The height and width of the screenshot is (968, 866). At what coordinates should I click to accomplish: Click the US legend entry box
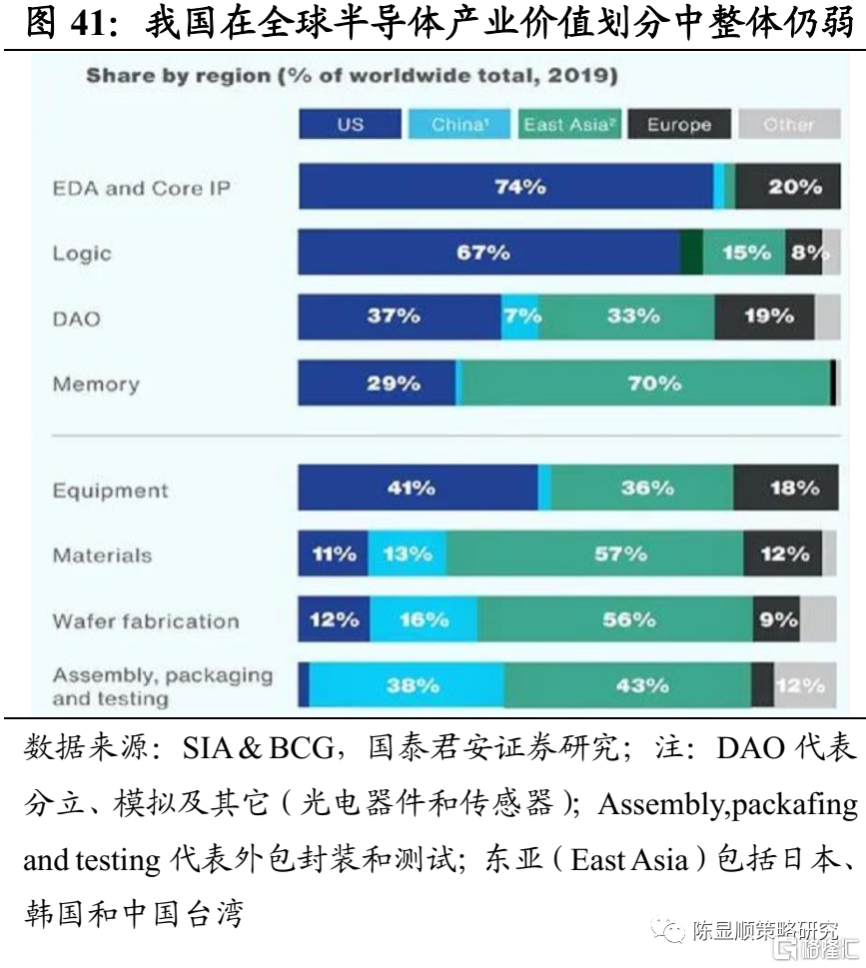coord(351,125)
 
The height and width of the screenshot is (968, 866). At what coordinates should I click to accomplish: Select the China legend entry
coord(458,125)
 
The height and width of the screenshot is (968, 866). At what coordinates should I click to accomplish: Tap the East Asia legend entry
coord(567,125)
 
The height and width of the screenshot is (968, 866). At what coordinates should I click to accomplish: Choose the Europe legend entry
coord(679,125)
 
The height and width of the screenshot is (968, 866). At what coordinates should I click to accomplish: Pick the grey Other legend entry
coord(788,125)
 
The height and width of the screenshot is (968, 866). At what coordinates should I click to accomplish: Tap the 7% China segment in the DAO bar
coord(519,317)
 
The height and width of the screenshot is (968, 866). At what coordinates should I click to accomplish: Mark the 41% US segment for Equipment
coord(418,488)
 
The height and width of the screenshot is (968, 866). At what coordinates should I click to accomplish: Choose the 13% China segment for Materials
coord(407,553)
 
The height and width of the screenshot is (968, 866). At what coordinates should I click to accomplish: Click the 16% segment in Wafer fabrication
coord(423,620)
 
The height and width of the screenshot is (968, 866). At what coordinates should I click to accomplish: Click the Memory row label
coord(96,385)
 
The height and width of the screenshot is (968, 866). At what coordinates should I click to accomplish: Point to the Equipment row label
coord(110,490)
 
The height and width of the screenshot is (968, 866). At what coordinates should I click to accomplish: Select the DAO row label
coord(76,320)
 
